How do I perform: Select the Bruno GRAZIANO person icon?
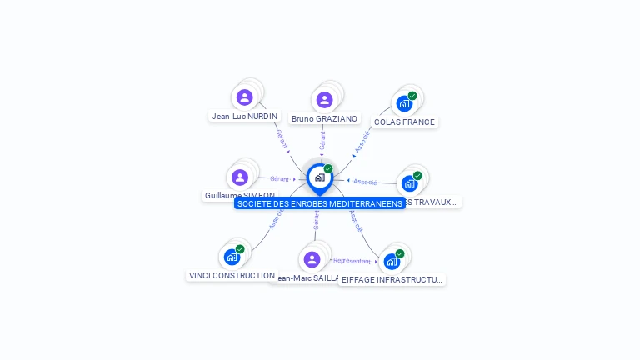[x=324, y=100]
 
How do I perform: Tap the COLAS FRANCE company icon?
[x=403, y=104]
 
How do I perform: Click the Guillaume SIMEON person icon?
[x=240, y=177]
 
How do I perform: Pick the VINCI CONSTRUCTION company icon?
[x=232, y=257]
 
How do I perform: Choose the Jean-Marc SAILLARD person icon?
[x=312, y=259]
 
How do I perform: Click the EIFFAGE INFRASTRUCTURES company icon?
[x=391, y=261]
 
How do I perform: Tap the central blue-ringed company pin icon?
[x=319, y=177]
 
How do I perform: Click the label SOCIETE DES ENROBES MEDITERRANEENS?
[x=319, y=203]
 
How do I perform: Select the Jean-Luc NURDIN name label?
[x=244, y=117]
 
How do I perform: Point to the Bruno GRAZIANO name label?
[x=324, y=119]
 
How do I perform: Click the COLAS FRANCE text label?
[x=404, y=122]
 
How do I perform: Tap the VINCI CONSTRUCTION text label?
[x=232, y=276]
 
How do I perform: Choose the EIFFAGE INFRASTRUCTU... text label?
[x=392, y=280]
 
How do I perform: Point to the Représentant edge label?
[x=351, y=261]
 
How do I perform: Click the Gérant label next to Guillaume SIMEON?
[x=279, y=178]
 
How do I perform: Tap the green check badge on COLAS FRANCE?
[x=412, y=96]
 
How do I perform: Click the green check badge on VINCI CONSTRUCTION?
[x=240, y=249]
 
